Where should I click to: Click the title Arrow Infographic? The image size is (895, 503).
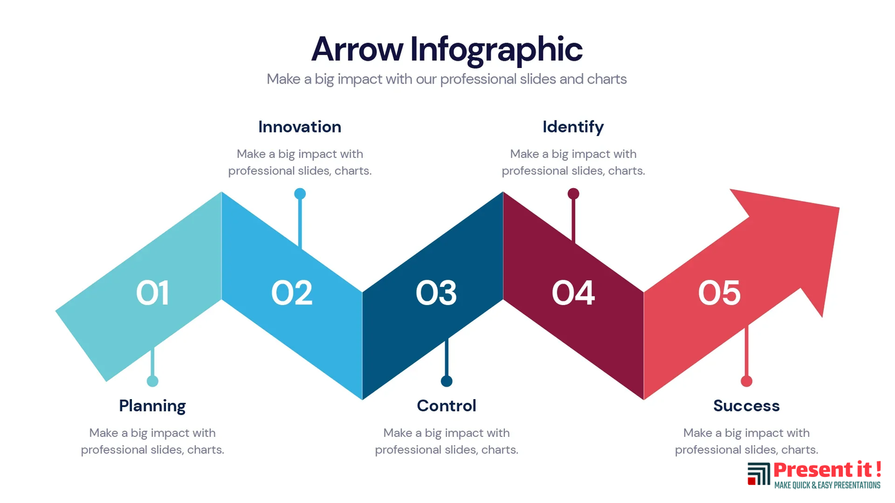click(447, 49)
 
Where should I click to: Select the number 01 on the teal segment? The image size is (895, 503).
click(152, 293)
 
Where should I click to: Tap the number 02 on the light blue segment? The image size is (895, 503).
click(292, 293)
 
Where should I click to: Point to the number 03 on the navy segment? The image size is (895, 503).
click(436, 293)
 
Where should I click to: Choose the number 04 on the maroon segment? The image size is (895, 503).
click(573, 293)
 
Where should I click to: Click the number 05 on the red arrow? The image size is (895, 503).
click(719, 293)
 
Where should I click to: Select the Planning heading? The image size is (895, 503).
click(152, 406)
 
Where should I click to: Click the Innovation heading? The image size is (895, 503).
click(300, 127)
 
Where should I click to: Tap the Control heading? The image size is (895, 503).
click(447, 406)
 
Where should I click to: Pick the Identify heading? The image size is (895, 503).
click(573, 127)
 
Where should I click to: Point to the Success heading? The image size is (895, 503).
click(746, 406)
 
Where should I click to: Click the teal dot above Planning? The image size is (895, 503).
click(152, 381)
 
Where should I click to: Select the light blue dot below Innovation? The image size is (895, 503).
click(300, 194)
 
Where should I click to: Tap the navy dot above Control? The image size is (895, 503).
click(447, 381)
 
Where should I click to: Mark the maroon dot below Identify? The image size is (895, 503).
click(574, 194)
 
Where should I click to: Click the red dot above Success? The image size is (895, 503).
click(746, 381)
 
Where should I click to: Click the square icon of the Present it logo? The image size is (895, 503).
click(759, 474)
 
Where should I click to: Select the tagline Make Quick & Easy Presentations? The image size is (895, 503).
click(827, 485)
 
